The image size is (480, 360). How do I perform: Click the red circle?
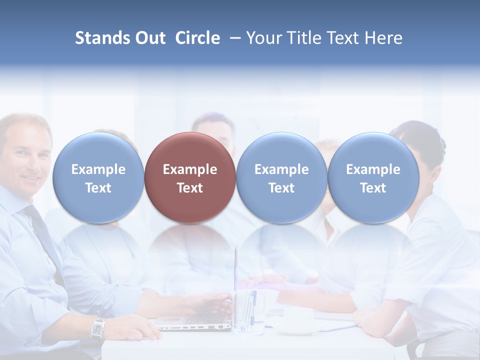pos(190,177)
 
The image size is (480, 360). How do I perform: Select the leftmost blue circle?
pos(98,177)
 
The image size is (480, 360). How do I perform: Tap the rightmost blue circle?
pos(373,177)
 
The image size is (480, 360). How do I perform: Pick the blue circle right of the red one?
pos(281,177)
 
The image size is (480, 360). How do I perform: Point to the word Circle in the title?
pos(197,38)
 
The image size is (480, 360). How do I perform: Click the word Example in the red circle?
pos(190,169)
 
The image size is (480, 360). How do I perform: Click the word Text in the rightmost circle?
pos(373,188)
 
